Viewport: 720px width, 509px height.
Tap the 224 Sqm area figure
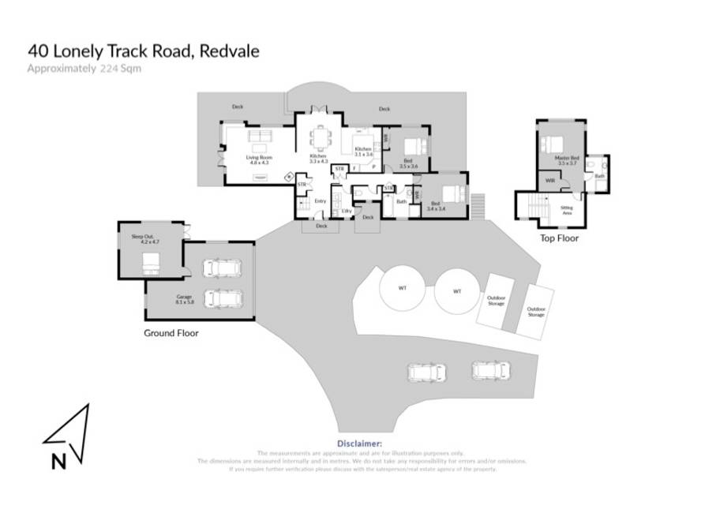[121, 69]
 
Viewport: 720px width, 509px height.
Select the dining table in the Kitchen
[320, 140]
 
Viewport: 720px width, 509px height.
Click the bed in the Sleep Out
[151, 264]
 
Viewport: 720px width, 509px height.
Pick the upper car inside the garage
[223, 268]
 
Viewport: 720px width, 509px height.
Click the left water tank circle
[403, 289]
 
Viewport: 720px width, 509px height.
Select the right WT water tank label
[457, 291]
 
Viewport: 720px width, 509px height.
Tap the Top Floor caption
[559, 238]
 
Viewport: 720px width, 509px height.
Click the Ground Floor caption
[171, 333]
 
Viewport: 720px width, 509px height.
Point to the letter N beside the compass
[58, 462]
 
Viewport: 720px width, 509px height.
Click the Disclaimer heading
[359, 444]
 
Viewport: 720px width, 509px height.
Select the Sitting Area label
[567, 209]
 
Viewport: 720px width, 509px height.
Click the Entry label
[321, 201]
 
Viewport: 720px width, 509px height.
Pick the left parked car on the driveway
[426, 371]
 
